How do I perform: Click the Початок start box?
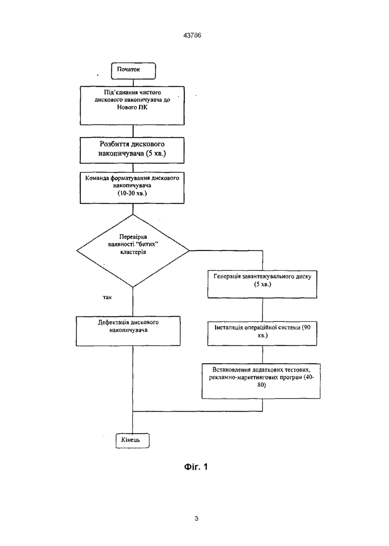pyautogui.click(x=134, y=71)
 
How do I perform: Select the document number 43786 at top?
pyautogui.click(x=192, y=35)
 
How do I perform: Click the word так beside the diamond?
pyautogui.click(x=107, y=297)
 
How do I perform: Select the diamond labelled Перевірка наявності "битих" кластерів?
pyautogui.click(x=133, y=251)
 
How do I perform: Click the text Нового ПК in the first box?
pyautogui.click(x=132, y=107)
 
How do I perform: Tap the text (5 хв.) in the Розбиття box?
pyautogui.click(x=156, y=154)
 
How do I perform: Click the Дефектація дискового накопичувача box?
pyautogui.click(x=128, y=331)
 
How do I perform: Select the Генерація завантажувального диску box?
pyautogui.click(x=262, y=284)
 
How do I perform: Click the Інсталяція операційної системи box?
pyautogui.click(x=262, y=333)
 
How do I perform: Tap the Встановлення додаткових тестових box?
pyautogui.click(x=261, y=381)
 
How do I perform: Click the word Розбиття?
pyautogui.click(x=115, y=144)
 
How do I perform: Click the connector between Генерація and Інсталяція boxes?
pyautogui.click(x=263, y=310)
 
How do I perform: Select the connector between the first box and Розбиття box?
pyautogui.click(x=133, y=131)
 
